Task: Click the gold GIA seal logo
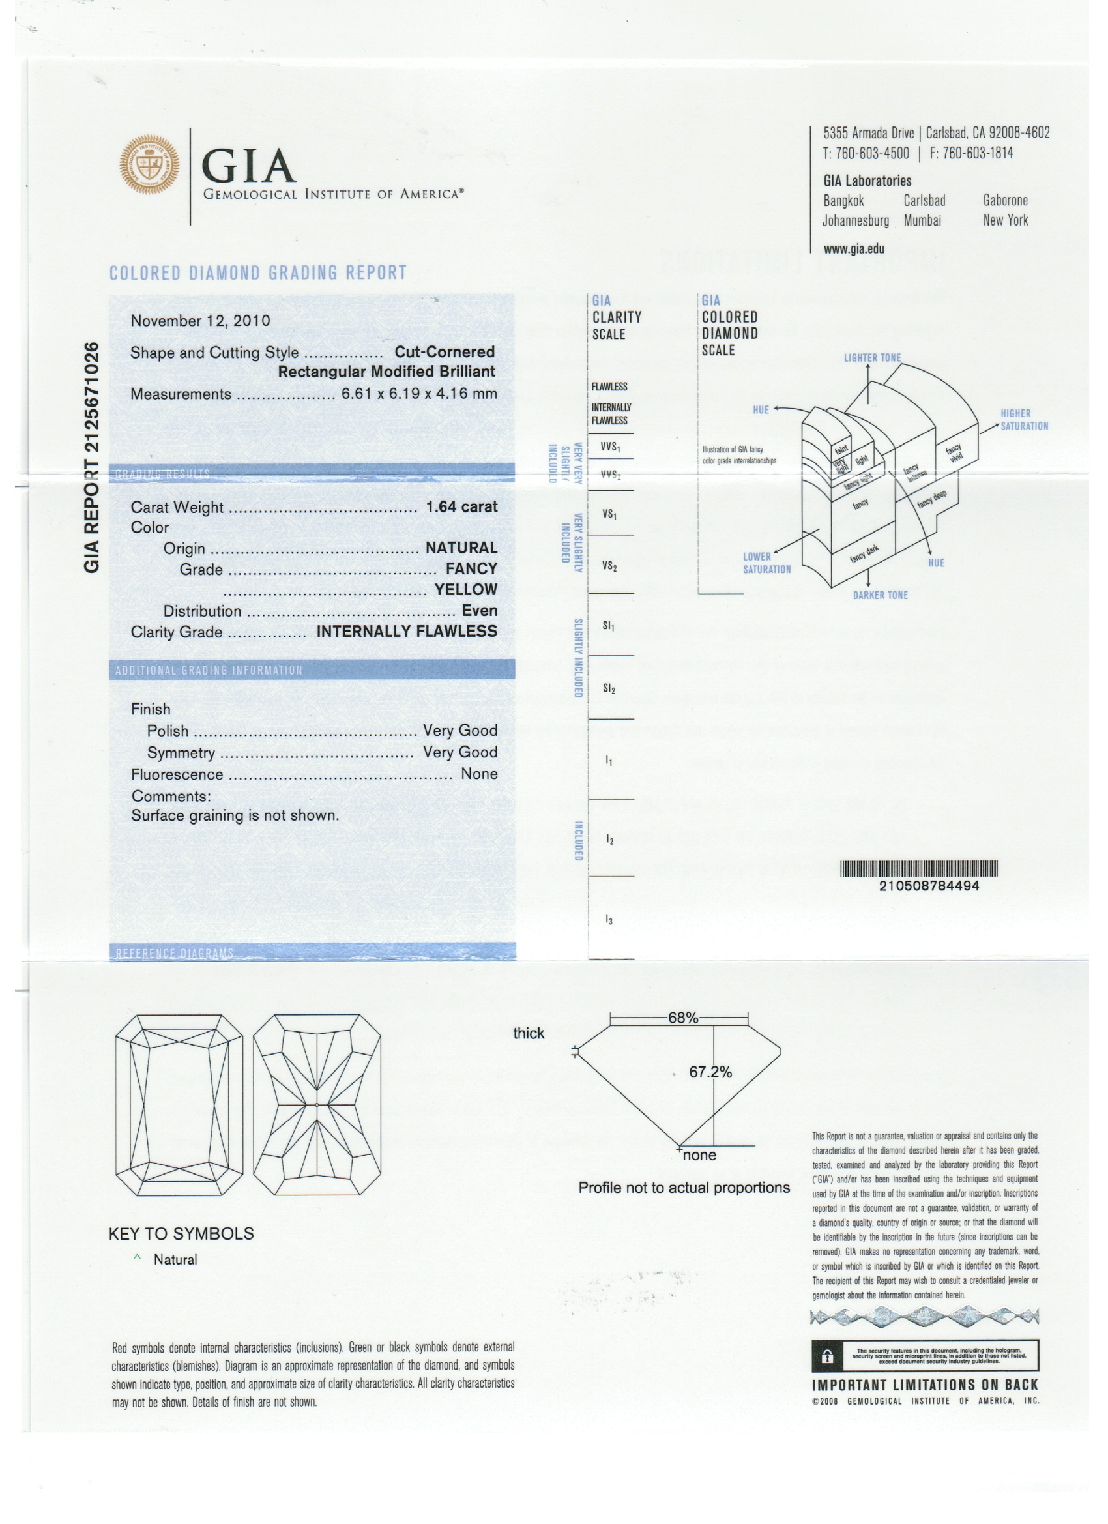[149, 165]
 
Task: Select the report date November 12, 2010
[200, 321]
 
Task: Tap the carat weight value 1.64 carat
[461, 506]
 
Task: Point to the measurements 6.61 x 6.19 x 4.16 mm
[419, 394]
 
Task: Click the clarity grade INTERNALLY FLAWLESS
[407, 631]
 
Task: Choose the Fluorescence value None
[479, 774]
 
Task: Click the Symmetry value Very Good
[459, 752]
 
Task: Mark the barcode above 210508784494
[919, 869]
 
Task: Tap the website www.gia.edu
[853, 248]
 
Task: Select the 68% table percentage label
[682, 1018]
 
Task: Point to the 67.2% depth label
[710, 1072]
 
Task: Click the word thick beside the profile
[528, 1033]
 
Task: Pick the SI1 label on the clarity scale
[609, 626]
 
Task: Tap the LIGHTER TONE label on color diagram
[872, 357]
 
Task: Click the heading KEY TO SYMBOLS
[181, 1234]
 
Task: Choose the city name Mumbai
[922, 220]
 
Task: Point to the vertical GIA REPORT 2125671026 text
[92, 457]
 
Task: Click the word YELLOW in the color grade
[465, 589]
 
